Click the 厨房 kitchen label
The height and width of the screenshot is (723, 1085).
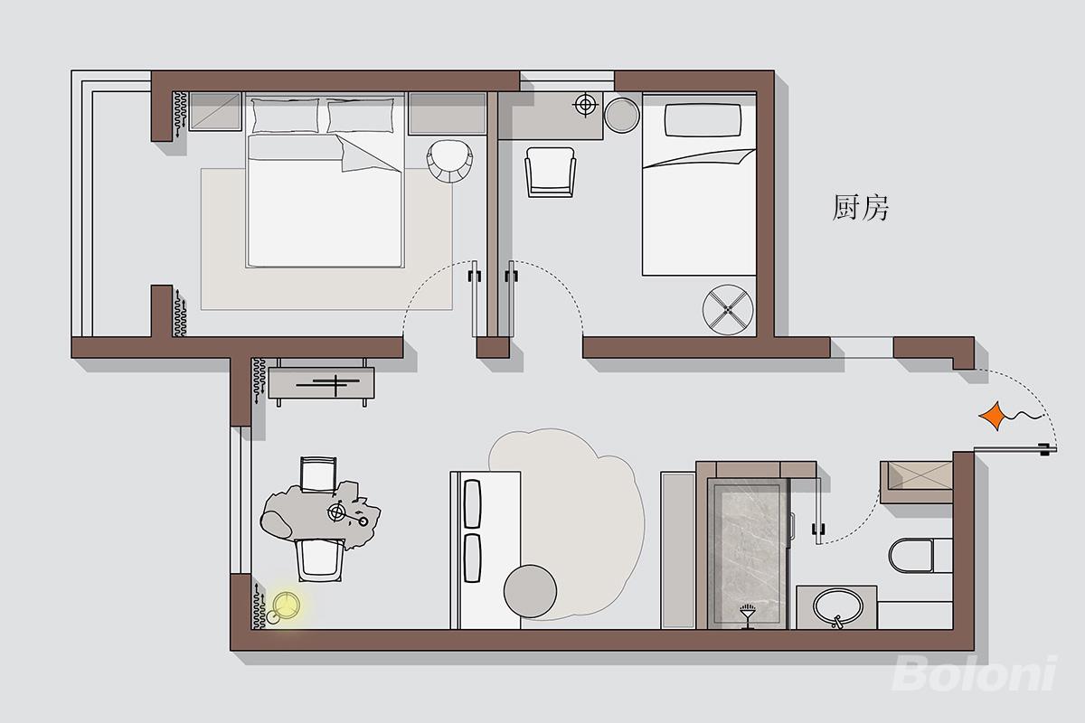pyautogui.click(x=860, y=207)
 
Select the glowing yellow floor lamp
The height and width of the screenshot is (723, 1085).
pyautogui.click(x=286, y=606)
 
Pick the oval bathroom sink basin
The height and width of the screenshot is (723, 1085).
pyautogui.click(x=837, y=607)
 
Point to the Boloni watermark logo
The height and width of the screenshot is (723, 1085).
pyautogui.click(x=975, y=673)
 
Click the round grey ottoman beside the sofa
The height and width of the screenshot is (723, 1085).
pyautogui.click(x=530, y=591)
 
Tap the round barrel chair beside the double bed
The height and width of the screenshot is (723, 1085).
pyautogui.click(x=449, y=161)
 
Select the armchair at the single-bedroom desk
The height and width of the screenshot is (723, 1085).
pyautogui.click(x=551, y=172)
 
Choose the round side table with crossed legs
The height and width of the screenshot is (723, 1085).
pyautogui.click(x=728, y=309)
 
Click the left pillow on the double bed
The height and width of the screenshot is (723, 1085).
pyautogui.click(x=286, y=116)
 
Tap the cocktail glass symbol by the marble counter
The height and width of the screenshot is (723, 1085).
pyautogui.click(x=748, y=616)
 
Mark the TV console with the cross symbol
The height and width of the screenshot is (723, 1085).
pyautogui.click(x=321, y=382)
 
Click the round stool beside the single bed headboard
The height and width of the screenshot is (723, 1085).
pyautogui.click(x=622, y=116)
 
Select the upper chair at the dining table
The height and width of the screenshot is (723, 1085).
pyautogui.click(x=318, y=474)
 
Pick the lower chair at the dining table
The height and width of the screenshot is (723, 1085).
pyautogui.click(x=320, y=559)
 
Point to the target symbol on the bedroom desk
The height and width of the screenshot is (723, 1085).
pyautogui.click(x=585, y=105)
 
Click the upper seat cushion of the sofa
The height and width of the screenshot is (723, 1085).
pyautogui.click(x=472, y=503)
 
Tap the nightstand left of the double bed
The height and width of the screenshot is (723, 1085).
pyautogui.click(x=215, y=112)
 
